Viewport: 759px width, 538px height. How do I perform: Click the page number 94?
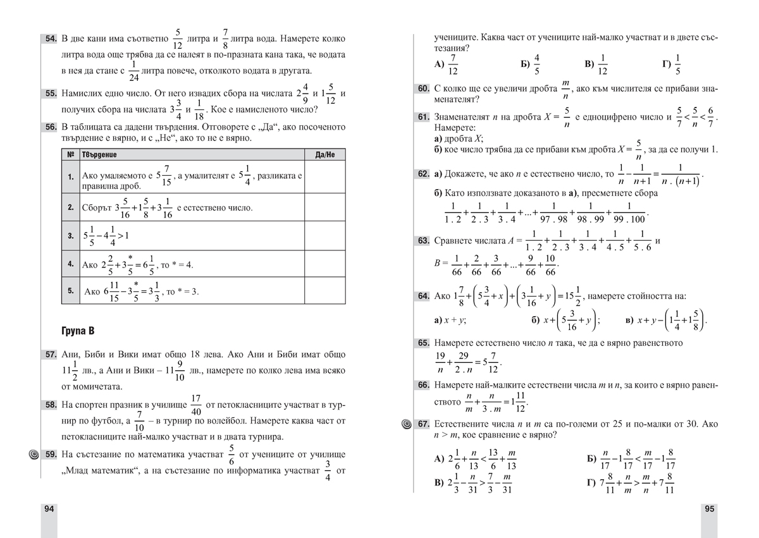click(x=47, y=510)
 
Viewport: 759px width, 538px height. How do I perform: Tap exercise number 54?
click(x=51, y=39)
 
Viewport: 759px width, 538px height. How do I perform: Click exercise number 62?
click(x=423, y=173)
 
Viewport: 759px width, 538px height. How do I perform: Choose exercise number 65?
click(x=423, y=343)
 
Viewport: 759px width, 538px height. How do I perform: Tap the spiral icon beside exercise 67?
click(x=406, y=424)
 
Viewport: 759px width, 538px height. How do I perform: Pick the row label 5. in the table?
click(x=70, y=291)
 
